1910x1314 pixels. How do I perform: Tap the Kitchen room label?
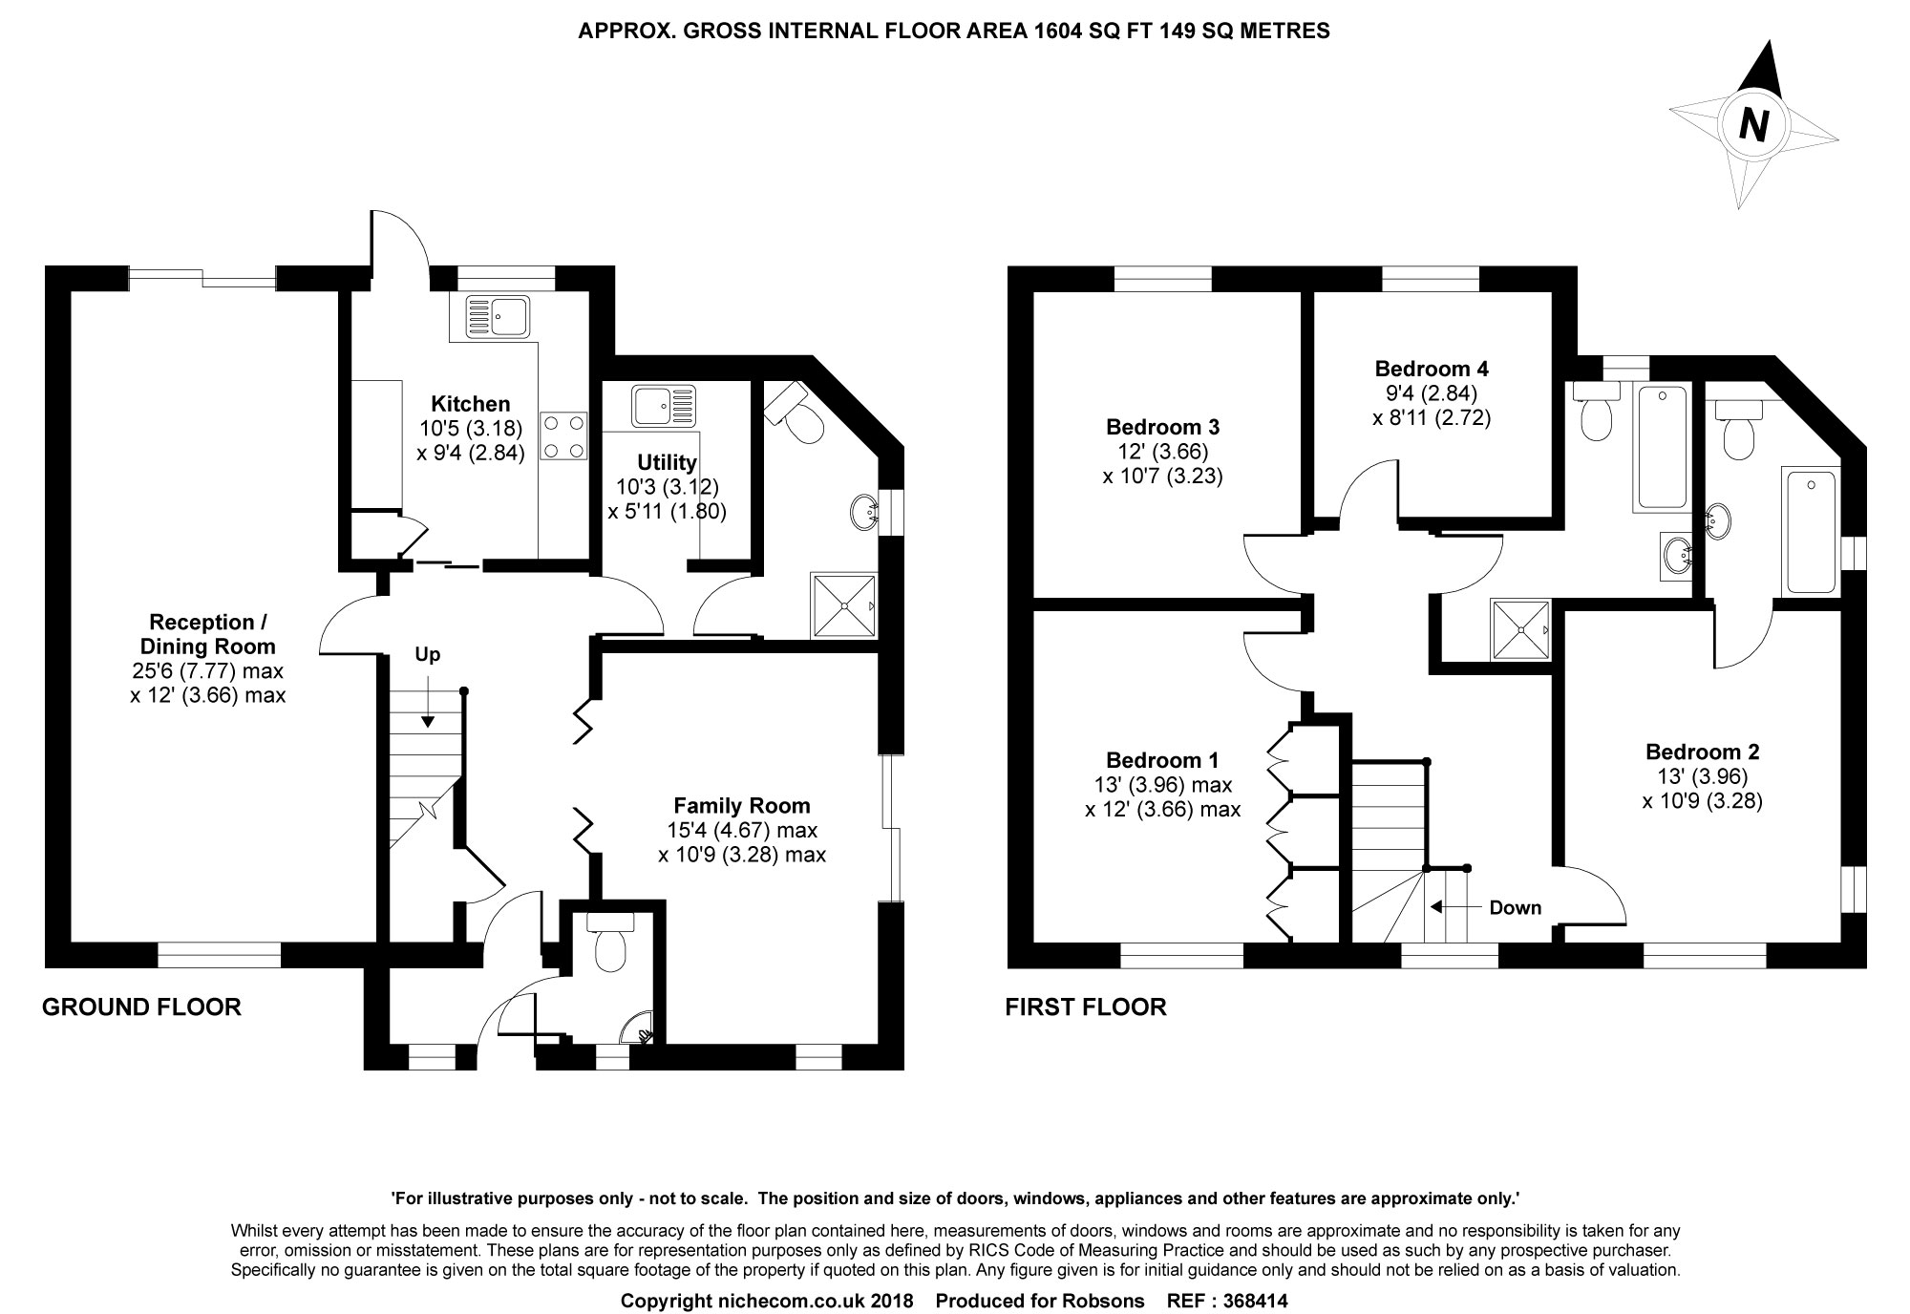tap(470, 404)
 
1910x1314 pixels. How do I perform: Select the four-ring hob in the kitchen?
tap(564, 436)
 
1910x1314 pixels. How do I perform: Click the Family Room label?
tap(742, 805)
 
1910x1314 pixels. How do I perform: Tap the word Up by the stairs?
tap(427, 655)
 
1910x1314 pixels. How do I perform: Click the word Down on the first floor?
tap(1516, 907)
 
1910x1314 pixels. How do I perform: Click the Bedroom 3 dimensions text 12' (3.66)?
tap(1162, 451)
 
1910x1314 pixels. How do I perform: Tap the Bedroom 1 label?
tap(1162, 760)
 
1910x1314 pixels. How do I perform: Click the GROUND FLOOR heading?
tap(141, 1007)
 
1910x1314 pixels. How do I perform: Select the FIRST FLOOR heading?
tap(1086, 1007)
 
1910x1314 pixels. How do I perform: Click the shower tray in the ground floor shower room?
tap(843, 604)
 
